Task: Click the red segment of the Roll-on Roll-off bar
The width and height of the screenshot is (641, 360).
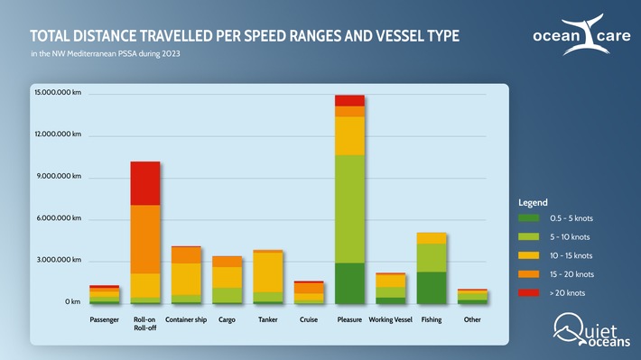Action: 145,183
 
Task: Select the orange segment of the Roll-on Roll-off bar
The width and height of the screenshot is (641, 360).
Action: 145,239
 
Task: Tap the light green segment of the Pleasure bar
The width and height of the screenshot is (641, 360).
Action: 349,208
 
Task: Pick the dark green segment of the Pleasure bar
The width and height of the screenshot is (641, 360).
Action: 349,283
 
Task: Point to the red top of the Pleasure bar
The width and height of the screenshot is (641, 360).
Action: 349,100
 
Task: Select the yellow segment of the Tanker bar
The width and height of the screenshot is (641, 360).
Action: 267,272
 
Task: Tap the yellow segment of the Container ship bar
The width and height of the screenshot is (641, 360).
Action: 186,279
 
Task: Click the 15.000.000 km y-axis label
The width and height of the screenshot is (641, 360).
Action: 58,94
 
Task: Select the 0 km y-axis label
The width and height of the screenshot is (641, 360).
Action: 71,301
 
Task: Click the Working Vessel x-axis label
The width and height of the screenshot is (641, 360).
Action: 391,319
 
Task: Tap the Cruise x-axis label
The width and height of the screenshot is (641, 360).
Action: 309,319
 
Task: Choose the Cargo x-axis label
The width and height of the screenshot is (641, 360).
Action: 228,319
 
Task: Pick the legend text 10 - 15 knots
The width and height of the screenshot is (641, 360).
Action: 571,255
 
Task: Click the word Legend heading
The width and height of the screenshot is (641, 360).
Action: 533,201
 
